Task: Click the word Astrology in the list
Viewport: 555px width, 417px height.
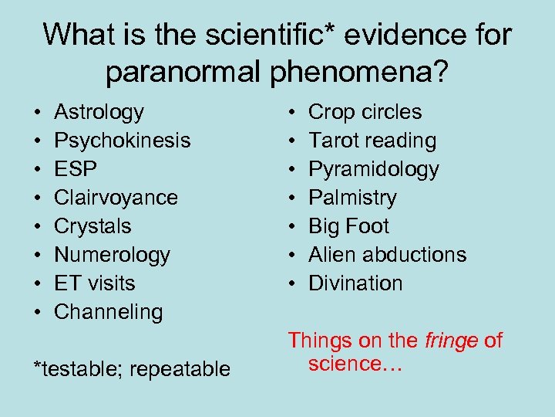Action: point(99,113)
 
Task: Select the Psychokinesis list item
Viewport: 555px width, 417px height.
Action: point(122,141)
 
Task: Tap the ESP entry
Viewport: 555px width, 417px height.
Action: point(76,169)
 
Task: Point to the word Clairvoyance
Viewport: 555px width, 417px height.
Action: point(116,198)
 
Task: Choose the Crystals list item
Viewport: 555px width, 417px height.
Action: point(92,226)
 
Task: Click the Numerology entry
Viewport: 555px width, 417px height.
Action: point(112,255)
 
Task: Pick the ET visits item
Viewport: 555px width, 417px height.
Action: point(94,283)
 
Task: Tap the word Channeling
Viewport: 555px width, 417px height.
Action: point(109,312)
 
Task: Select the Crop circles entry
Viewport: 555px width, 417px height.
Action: point(365,113)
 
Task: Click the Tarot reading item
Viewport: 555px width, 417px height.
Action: point(372,141)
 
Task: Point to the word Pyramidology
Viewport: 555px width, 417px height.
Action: point(373,170)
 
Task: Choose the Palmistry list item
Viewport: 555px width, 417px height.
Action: point(351,198)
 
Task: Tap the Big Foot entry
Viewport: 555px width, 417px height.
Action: point(348,226)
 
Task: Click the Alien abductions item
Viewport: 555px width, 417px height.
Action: point(387,255)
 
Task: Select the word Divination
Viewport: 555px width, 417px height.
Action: point(355,283)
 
